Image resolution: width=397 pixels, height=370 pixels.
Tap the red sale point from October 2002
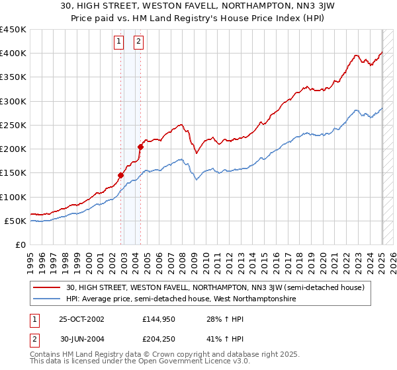pyautogui.click(x=121, y=175)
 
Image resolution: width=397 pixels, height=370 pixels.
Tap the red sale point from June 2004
pyautogui.click(x=140, y=147)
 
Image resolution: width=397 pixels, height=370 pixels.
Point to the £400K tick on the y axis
pyautogui.click(x=15, y=54)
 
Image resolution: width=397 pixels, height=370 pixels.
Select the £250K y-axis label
pyautogui.click(x=15, y=125)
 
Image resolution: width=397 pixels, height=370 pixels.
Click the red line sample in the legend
pyautogui.click(x=48, y=287)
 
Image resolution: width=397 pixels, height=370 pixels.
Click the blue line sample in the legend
pyautogui.click(x=48, y=299)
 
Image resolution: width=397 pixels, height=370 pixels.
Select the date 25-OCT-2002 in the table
pyautogui.click(x=82, y=319)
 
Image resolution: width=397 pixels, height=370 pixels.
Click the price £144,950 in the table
pyautogui.click(x=159, y=319)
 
